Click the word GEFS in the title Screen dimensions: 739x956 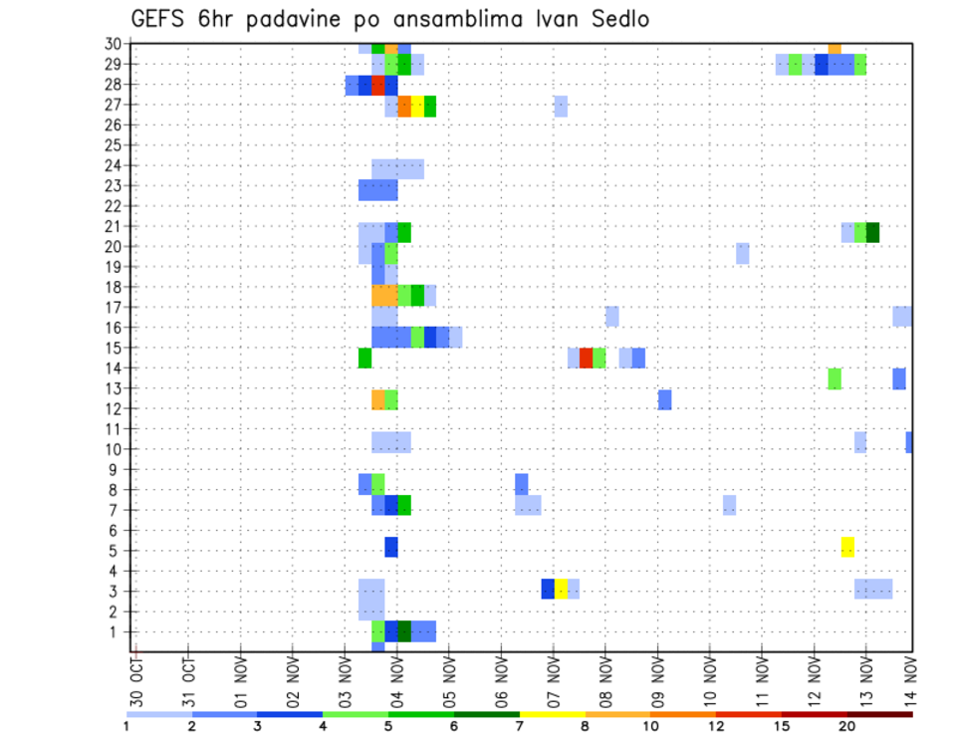pyautogui.click(x=158, y=20)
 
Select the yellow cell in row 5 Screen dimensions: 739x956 pyautogui.click(x=847, y=547)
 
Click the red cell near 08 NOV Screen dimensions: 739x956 pyautogui.click(x=586, y=358)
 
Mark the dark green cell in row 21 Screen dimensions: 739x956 pyautogui.click(x=872, y=232)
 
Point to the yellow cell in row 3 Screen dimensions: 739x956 pyautogui.click(x=561, y=589)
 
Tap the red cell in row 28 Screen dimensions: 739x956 pyautogui.click(x=377, y=85)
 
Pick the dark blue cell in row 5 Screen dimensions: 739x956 pyautogui.click(x=391, y=547)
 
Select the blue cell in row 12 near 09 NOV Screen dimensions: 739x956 pyautogui.click(x=664, y=399)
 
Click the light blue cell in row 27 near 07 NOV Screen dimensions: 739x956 pyautogui.click(x=561, y=106)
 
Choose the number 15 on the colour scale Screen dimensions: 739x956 pyautogui.click(x=783, y=726)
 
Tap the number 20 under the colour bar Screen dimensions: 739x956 pyautogui.click(x=847, y=726)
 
